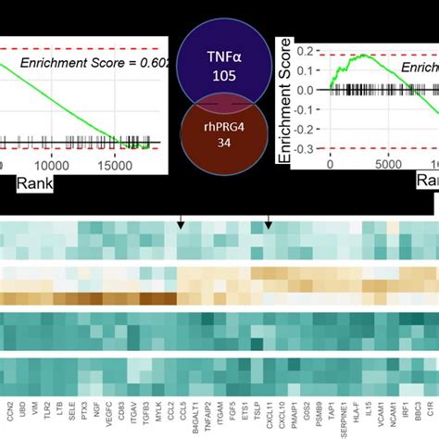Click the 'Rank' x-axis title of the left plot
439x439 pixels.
35,183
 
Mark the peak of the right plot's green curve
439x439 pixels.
362,56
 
